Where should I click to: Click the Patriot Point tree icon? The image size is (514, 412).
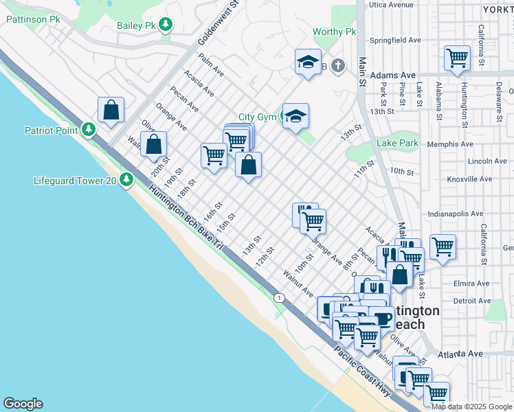88,130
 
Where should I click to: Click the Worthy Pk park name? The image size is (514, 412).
334,32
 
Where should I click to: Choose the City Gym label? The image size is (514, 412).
257,117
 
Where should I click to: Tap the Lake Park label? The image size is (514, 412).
397,143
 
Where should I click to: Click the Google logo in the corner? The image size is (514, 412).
23,404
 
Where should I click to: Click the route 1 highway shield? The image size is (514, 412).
278,297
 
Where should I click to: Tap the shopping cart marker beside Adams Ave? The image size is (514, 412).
457,58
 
